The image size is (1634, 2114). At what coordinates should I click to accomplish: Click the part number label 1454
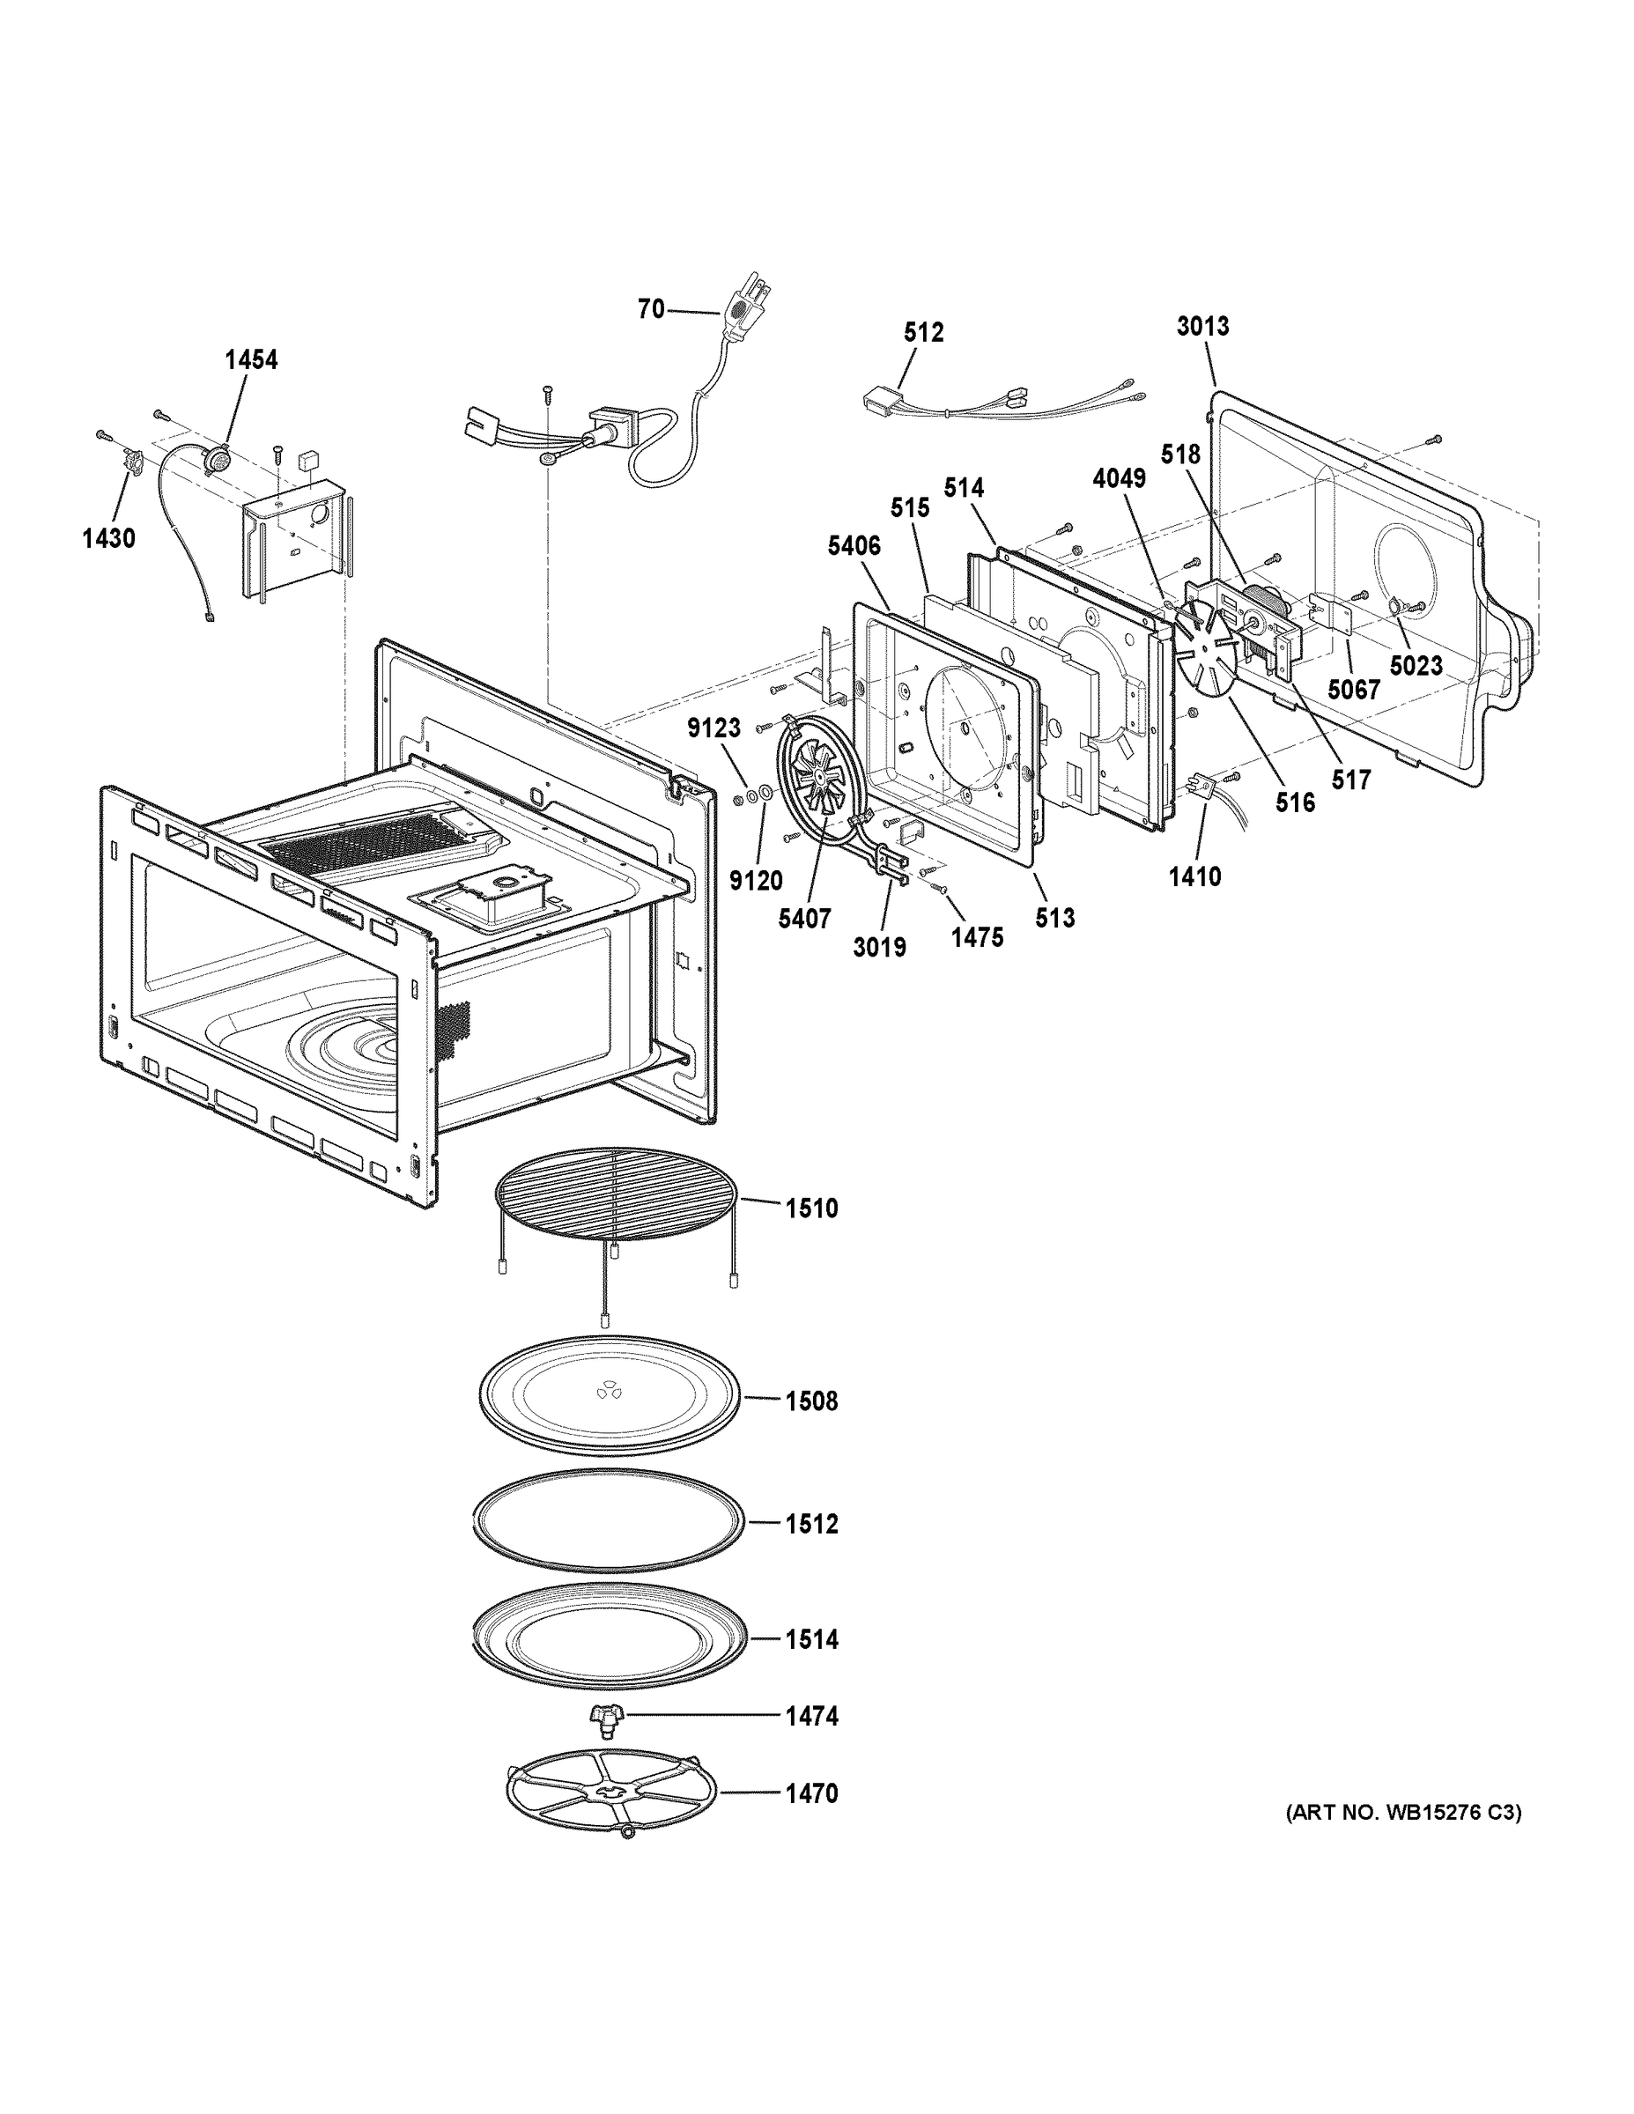tap(251, 360)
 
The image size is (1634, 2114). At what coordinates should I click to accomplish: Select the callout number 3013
tap(1202, 326)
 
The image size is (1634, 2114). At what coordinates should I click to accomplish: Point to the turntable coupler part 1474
tap(607, 1716)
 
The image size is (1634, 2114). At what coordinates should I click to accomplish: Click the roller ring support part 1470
tap(613, 1794)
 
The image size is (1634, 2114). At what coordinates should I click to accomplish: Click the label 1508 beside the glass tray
tap(810, 1401)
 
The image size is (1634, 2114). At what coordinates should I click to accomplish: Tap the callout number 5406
tap(854, 546)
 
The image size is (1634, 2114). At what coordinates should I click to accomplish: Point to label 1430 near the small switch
tap(108, 538)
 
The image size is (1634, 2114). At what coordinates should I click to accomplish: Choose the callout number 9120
tap(755, 880)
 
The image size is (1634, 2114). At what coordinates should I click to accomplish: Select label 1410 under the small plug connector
tap(1194, 876)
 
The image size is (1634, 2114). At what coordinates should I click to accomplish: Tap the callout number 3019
tap(879, 947)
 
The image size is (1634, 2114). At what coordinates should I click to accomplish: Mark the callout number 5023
tap(1416, 666)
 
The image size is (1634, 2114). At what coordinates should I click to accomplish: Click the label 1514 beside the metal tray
tap(810, 1638)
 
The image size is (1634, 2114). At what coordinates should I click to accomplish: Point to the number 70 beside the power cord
tap(650, 309)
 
